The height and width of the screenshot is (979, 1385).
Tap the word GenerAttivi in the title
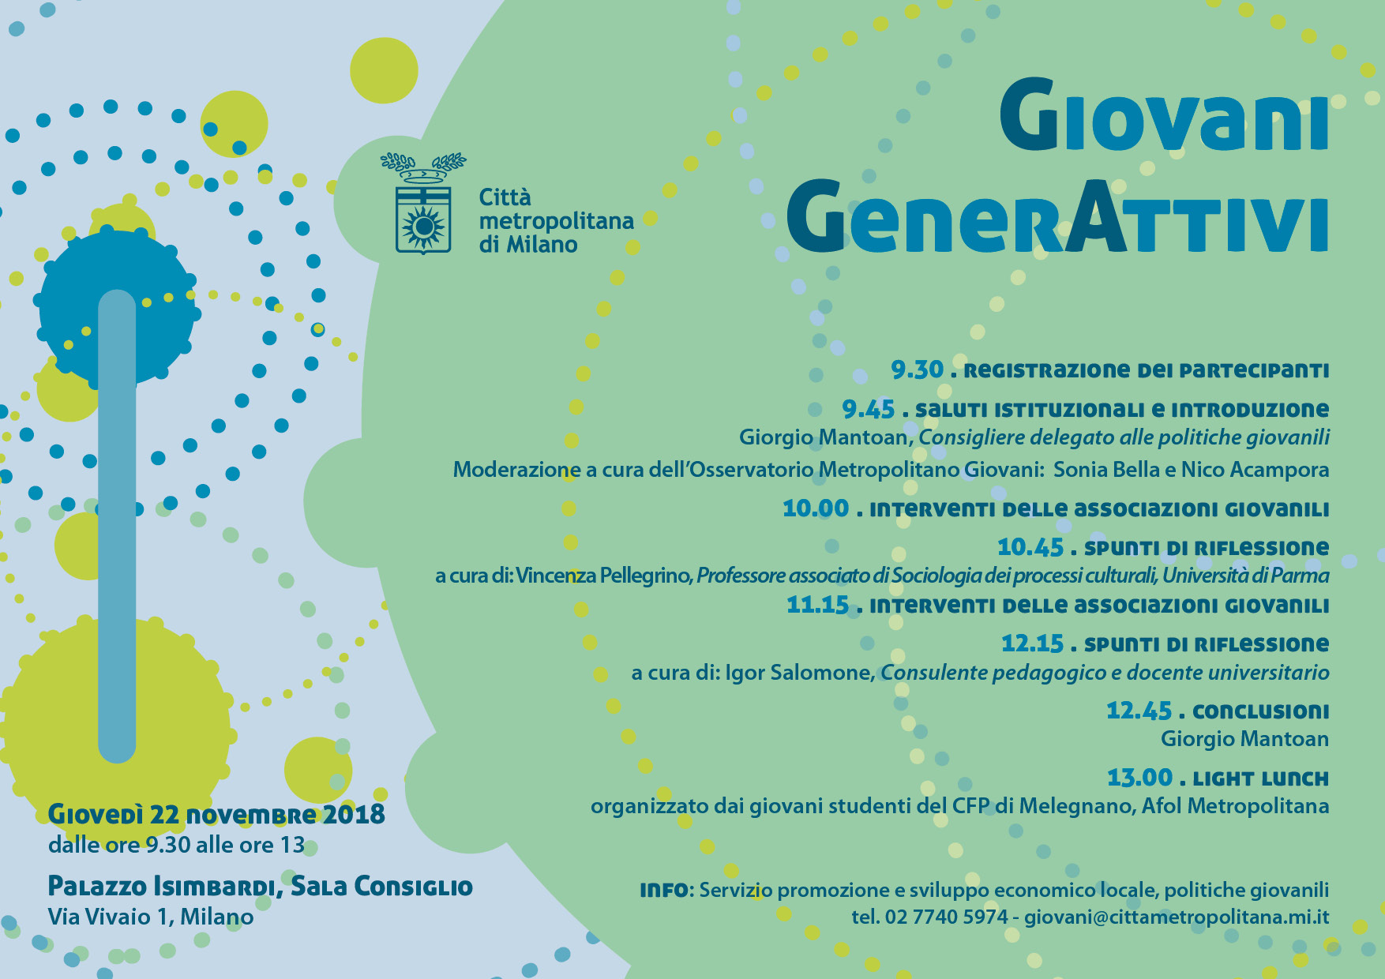[1057, 216]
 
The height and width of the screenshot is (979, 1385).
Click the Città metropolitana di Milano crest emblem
[423, 204]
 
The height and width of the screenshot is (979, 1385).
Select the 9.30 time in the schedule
[918, 369]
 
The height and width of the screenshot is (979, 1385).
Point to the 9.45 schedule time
[869, 409]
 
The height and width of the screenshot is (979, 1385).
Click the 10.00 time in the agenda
[816, 508]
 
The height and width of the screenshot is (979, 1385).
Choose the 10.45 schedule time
[1030, 546]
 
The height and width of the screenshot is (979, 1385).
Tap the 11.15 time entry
[817, 605]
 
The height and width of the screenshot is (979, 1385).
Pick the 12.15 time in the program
[1033, 643]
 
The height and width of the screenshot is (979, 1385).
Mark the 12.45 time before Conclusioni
[1139, 711]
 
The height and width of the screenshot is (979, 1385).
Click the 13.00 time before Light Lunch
[1139, 778]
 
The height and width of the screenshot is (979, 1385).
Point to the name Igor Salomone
[799, 673]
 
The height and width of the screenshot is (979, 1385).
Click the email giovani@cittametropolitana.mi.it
[1177, 917]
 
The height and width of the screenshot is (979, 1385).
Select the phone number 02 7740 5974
[947, 917]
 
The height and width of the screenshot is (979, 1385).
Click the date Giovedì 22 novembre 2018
[216, 814]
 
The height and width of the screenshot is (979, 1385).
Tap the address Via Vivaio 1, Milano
[151, 917]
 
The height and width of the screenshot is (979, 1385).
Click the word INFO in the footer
[664, 891]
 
